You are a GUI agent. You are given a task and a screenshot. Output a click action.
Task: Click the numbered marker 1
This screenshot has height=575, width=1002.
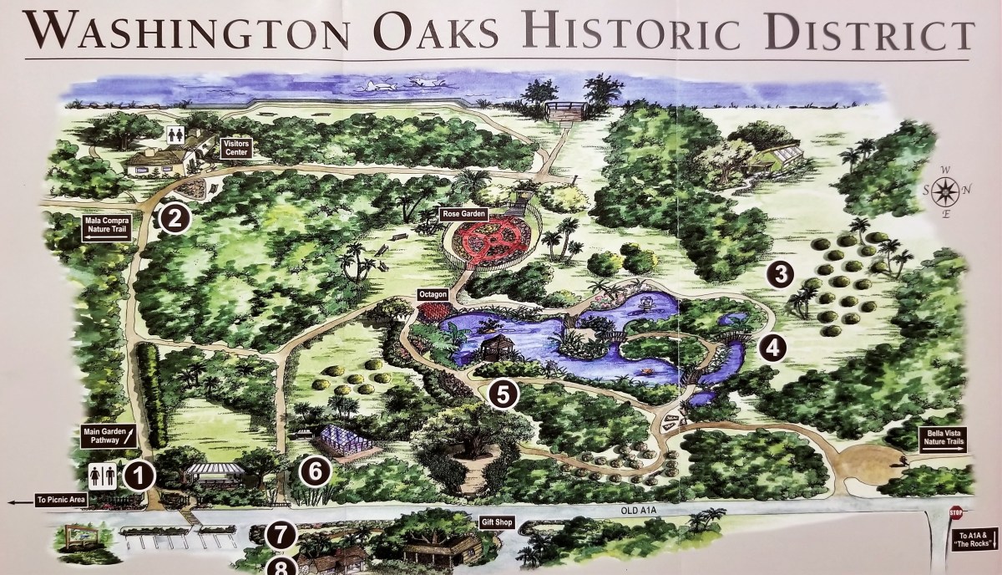click(x=140, y=476)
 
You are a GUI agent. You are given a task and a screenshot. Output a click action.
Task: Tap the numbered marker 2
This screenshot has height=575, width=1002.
click(x=175, y=218)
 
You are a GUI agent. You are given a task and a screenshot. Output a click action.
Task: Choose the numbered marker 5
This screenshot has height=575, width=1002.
click(x=502, y=394)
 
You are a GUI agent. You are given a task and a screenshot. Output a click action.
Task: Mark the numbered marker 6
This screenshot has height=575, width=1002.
click(x=315, y=471)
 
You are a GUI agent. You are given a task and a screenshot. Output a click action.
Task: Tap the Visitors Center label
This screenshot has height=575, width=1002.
click(x=235, y=148)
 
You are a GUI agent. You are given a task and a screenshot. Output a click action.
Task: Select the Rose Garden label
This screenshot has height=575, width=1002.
click(x=463, y=214)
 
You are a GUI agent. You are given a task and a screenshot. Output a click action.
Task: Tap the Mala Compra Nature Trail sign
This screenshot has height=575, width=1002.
click(x=107, y=228)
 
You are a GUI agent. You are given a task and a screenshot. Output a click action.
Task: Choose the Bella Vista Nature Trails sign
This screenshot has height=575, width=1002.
click(x=943, y=440)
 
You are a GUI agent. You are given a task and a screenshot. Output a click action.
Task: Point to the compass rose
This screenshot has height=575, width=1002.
click(x=945, y=192)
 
